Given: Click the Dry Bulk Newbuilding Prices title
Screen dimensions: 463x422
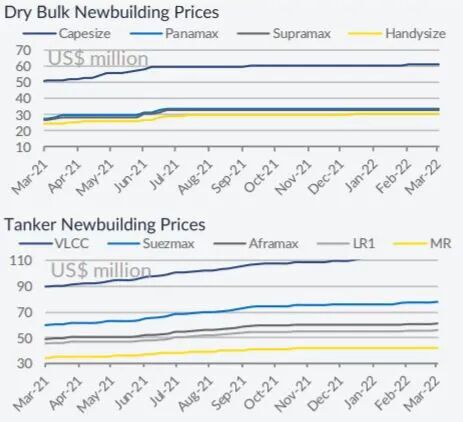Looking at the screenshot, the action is point(111,13).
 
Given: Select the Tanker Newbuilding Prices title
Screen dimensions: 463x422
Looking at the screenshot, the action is point(105,224).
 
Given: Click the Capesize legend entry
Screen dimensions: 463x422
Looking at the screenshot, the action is point(67,33).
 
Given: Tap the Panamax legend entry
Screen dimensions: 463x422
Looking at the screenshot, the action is point(174,33).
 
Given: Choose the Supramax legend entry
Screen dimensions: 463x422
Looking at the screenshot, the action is point(284,33).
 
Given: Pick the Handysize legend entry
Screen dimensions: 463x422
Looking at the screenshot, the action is point(396,33).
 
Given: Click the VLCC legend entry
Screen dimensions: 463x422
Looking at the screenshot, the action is point(54,243).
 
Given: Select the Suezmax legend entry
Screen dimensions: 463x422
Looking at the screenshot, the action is point(151,243).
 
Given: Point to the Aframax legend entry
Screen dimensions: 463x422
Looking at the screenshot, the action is point(256,243).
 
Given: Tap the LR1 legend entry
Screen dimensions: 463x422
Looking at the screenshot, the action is point(346,243).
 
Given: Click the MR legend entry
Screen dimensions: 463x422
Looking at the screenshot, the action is point(422,243).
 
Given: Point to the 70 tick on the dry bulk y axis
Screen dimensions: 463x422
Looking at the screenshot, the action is point(24,50).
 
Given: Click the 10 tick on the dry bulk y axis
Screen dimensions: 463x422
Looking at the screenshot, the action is point(24,147).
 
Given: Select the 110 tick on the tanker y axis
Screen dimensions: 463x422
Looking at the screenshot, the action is point(21,260).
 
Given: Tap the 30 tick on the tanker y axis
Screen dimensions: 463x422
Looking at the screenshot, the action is point(25,363).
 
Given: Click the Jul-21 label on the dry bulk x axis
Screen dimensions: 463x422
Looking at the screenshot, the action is point(164,175).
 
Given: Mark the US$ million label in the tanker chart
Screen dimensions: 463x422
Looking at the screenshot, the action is point(101,270).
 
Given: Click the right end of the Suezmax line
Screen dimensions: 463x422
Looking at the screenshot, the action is point(437,302).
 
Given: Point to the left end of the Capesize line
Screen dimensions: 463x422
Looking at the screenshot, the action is point(44,81).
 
